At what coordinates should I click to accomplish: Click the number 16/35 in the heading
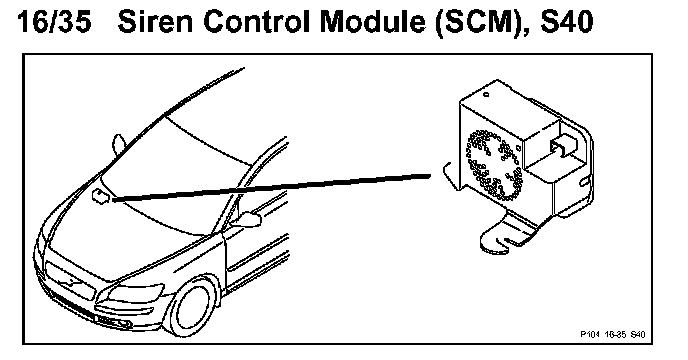pyautogui.click(x=54, y=22)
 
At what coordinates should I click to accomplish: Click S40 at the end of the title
pyautogui.click(x=566, y=22)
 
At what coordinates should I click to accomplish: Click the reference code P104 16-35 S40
pyautogui.click(x=613, y=335)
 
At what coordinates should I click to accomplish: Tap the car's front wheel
pyautogui.click(x=194, y=306)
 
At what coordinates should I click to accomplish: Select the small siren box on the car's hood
pyautogui.click(x=100, y=196)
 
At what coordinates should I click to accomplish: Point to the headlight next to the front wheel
pyautogui.click(x=135, y=293)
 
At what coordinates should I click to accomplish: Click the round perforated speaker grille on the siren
pyautogui.click(x=495, y=165)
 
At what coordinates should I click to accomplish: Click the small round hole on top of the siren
pyautogui.click(x=486, y=94)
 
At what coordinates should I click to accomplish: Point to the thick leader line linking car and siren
pyautogui.click(x=272, y=187)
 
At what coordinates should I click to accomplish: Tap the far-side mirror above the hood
pyautogui.click(x=119, y=144)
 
